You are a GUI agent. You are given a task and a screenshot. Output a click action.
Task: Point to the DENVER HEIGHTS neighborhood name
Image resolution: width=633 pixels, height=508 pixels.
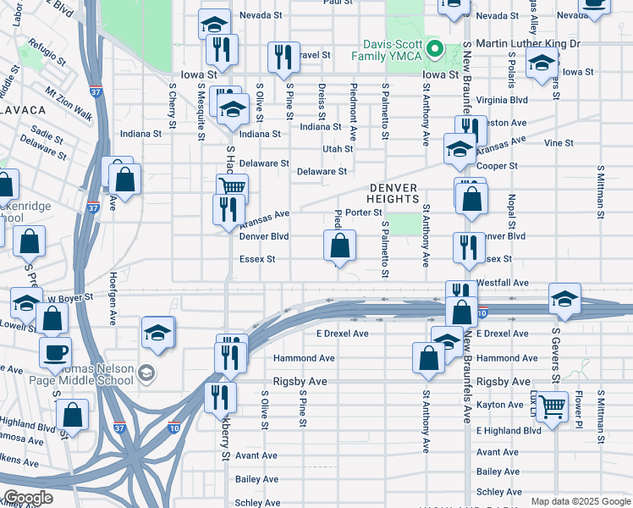(394, 193)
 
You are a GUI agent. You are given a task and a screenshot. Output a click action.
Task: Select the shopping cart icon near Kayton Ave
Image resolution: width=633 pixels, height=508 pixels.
(553, 406)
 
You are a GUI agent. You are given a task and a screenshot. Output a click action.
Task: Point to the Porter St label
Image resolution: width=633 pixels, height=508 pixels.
(364, 213)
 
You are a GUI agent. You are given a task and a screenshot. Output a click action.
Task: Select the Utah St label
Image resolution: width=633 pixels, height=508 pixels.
(337, 149)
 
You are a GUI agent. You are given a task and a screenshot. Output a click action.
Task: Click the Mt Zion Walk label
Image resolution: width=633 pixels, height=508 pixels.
(69, 101)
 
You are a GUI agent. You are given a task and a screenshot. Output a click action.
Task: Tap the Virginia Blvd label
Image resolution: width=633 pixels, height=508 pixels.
(502, 99)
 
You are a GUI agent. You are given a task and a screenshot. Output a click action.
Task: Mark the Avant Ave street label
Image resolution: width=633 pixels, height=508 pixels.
(256, 456)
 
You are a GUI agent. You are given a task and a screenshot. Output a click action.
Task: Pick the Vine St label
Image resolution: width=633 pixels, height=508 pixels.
(559, 143)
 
